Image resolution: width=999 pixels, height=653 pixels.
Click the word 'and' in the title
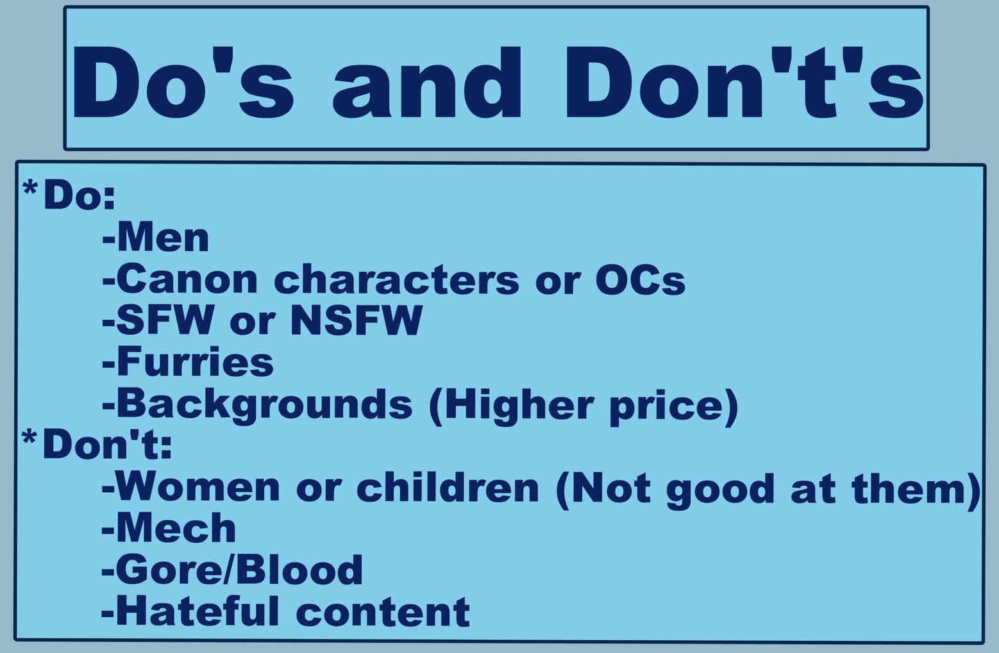tap(427, 83)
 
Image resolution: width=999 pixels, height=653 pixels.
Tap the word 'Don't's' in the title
tap(744, 83)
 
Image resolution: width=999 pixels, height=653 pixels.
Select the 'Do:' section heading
tap(80, 195)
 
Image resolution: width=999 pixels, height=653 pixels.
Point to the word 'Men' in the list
tap(163, 238)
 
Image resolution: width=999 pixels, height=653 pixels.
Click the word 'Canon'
tap(187, 279)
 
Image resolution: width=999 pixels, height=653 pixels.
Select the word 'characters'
tap(396, 279)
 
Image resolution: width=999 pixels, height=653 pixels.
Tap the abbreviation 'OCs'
tap(641, 279)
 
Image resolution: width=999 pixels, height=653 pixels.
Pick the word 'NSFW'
tap(357, 320)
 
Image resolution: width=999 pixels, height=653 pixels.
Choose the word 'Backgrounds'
tap(264, 405)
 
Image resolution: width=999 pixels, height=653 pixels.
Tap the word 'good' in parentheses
tap(720, 490)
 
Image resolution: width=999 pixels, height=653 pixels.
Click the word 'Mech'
tap(176, 528)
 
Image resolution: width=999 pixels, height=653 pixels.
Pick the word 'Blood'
tap(297, 569)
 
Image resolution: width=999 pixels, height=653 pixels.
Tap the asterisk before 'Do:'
tap(30, 187)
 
